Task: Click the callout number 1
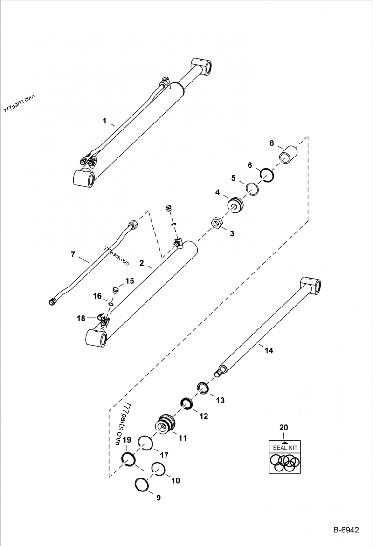pyautogui.click(x=105, y=122)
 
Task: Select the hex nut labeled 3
pyautogui.click(x=217, y=223)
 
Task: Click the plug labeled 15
pyautogui.click(x=115, y=291)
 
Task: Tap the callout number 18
pyautogui.click(x=81, y=318)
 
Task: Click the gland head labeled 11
pyautogui.click(x=166, y=423)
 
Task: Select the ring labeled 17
pyautogui.click(x=145, y=444)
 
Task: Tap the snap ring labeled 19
pyautogui.click(x=128, y=459)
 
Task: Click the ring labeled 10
pyautogui.click(x=159, y=469)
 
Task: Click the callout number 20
pyautogui.click(x=284, y=427)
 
